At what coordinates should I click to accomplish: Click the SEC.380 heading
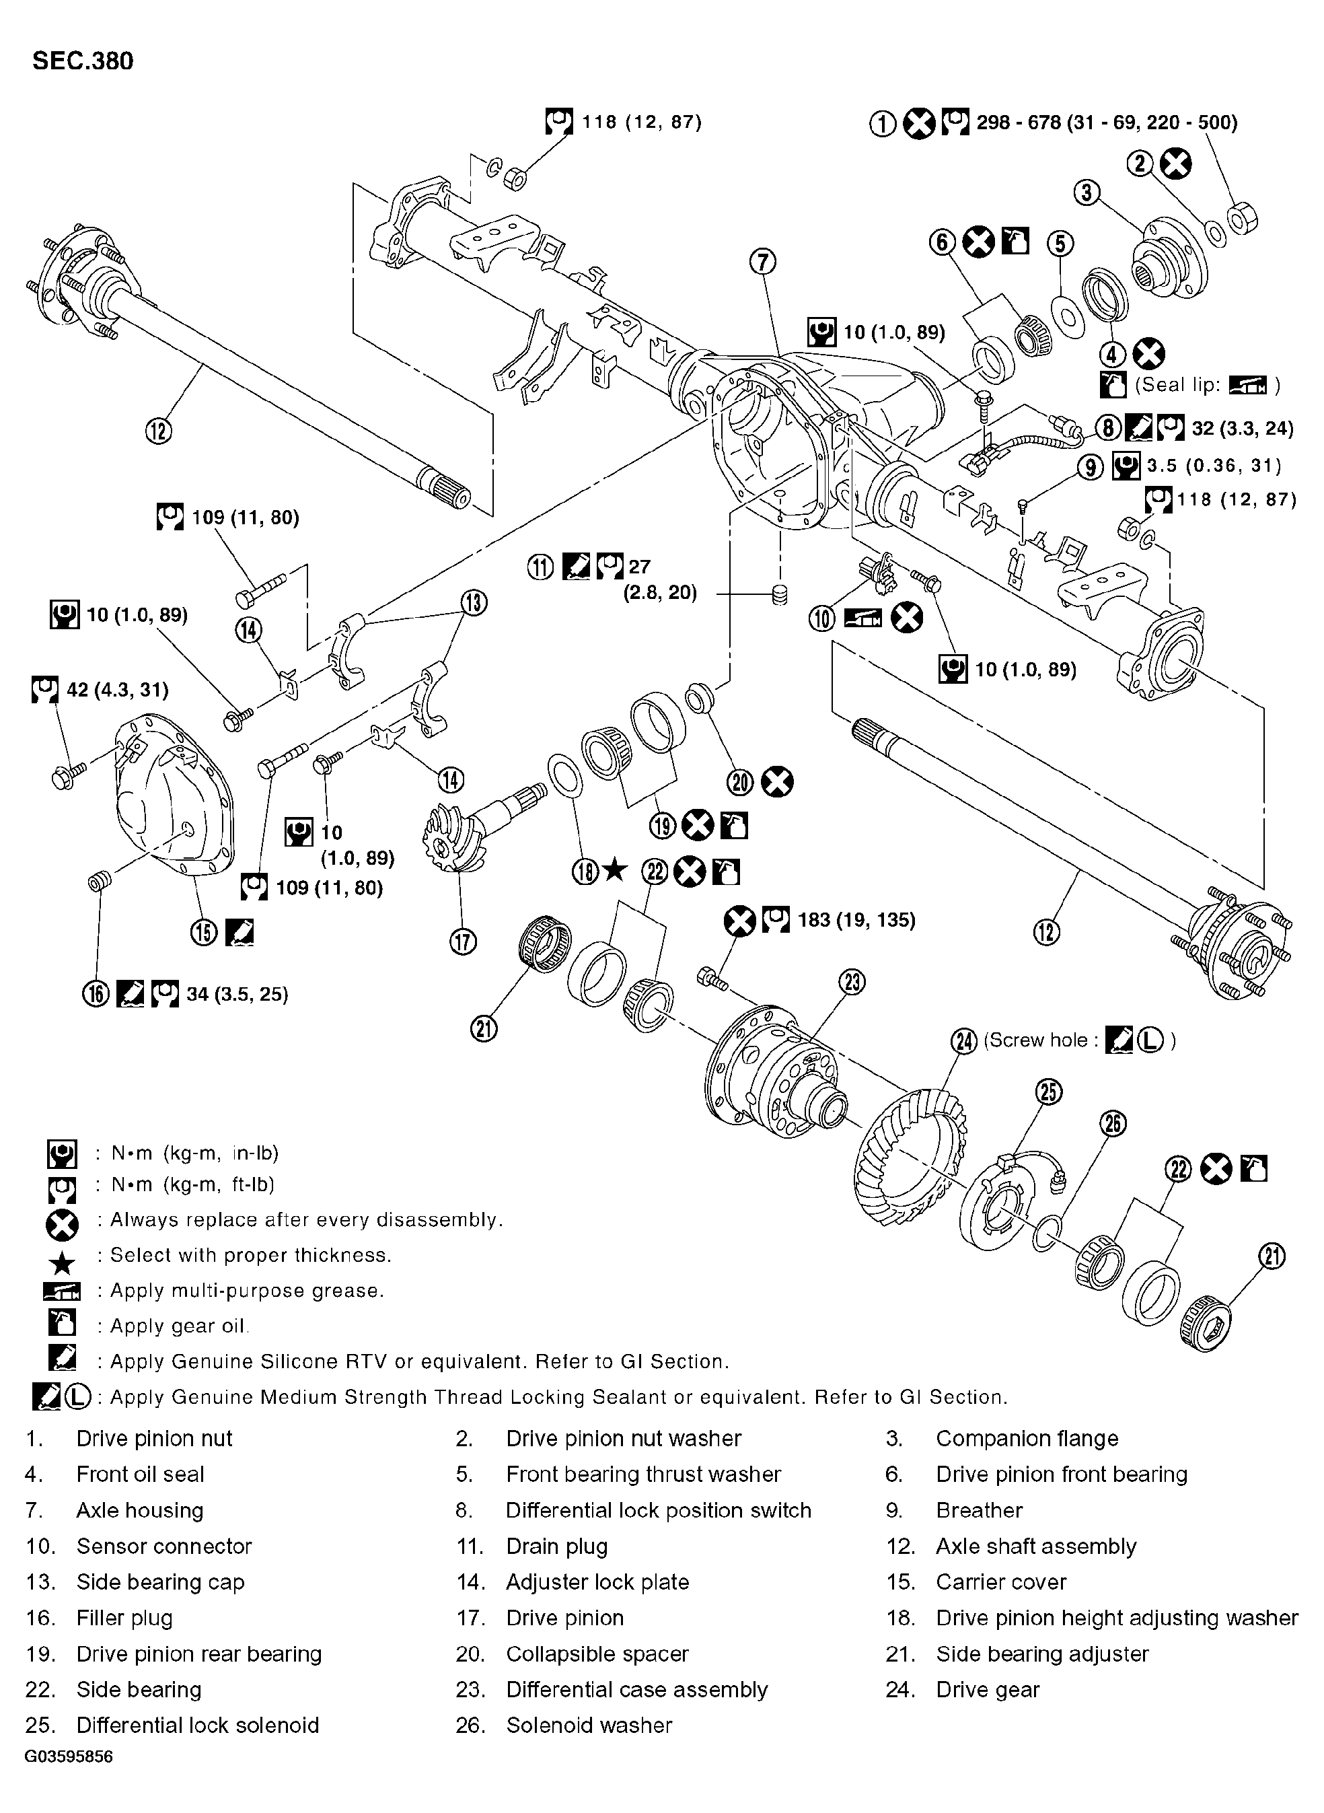click(83, 62)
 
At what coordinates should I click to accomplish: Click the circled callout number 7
click(763, 261)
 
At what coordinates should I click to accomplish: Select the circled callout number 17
click(464, 941)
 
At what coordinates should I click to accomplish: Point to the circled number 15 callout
click(205, 931)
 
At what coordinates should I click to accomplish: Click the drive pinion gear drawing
click(465, 834)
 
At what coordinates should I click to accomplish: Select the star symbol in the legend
click(62, 1264)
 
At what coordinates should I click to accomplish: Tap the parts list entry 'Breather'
click(979, 1511)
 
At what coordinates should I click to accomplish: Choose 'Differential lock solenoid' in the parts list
click(198, 1725)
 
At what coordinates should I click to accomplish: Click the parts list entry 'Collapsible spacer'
click(597, 1654)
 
